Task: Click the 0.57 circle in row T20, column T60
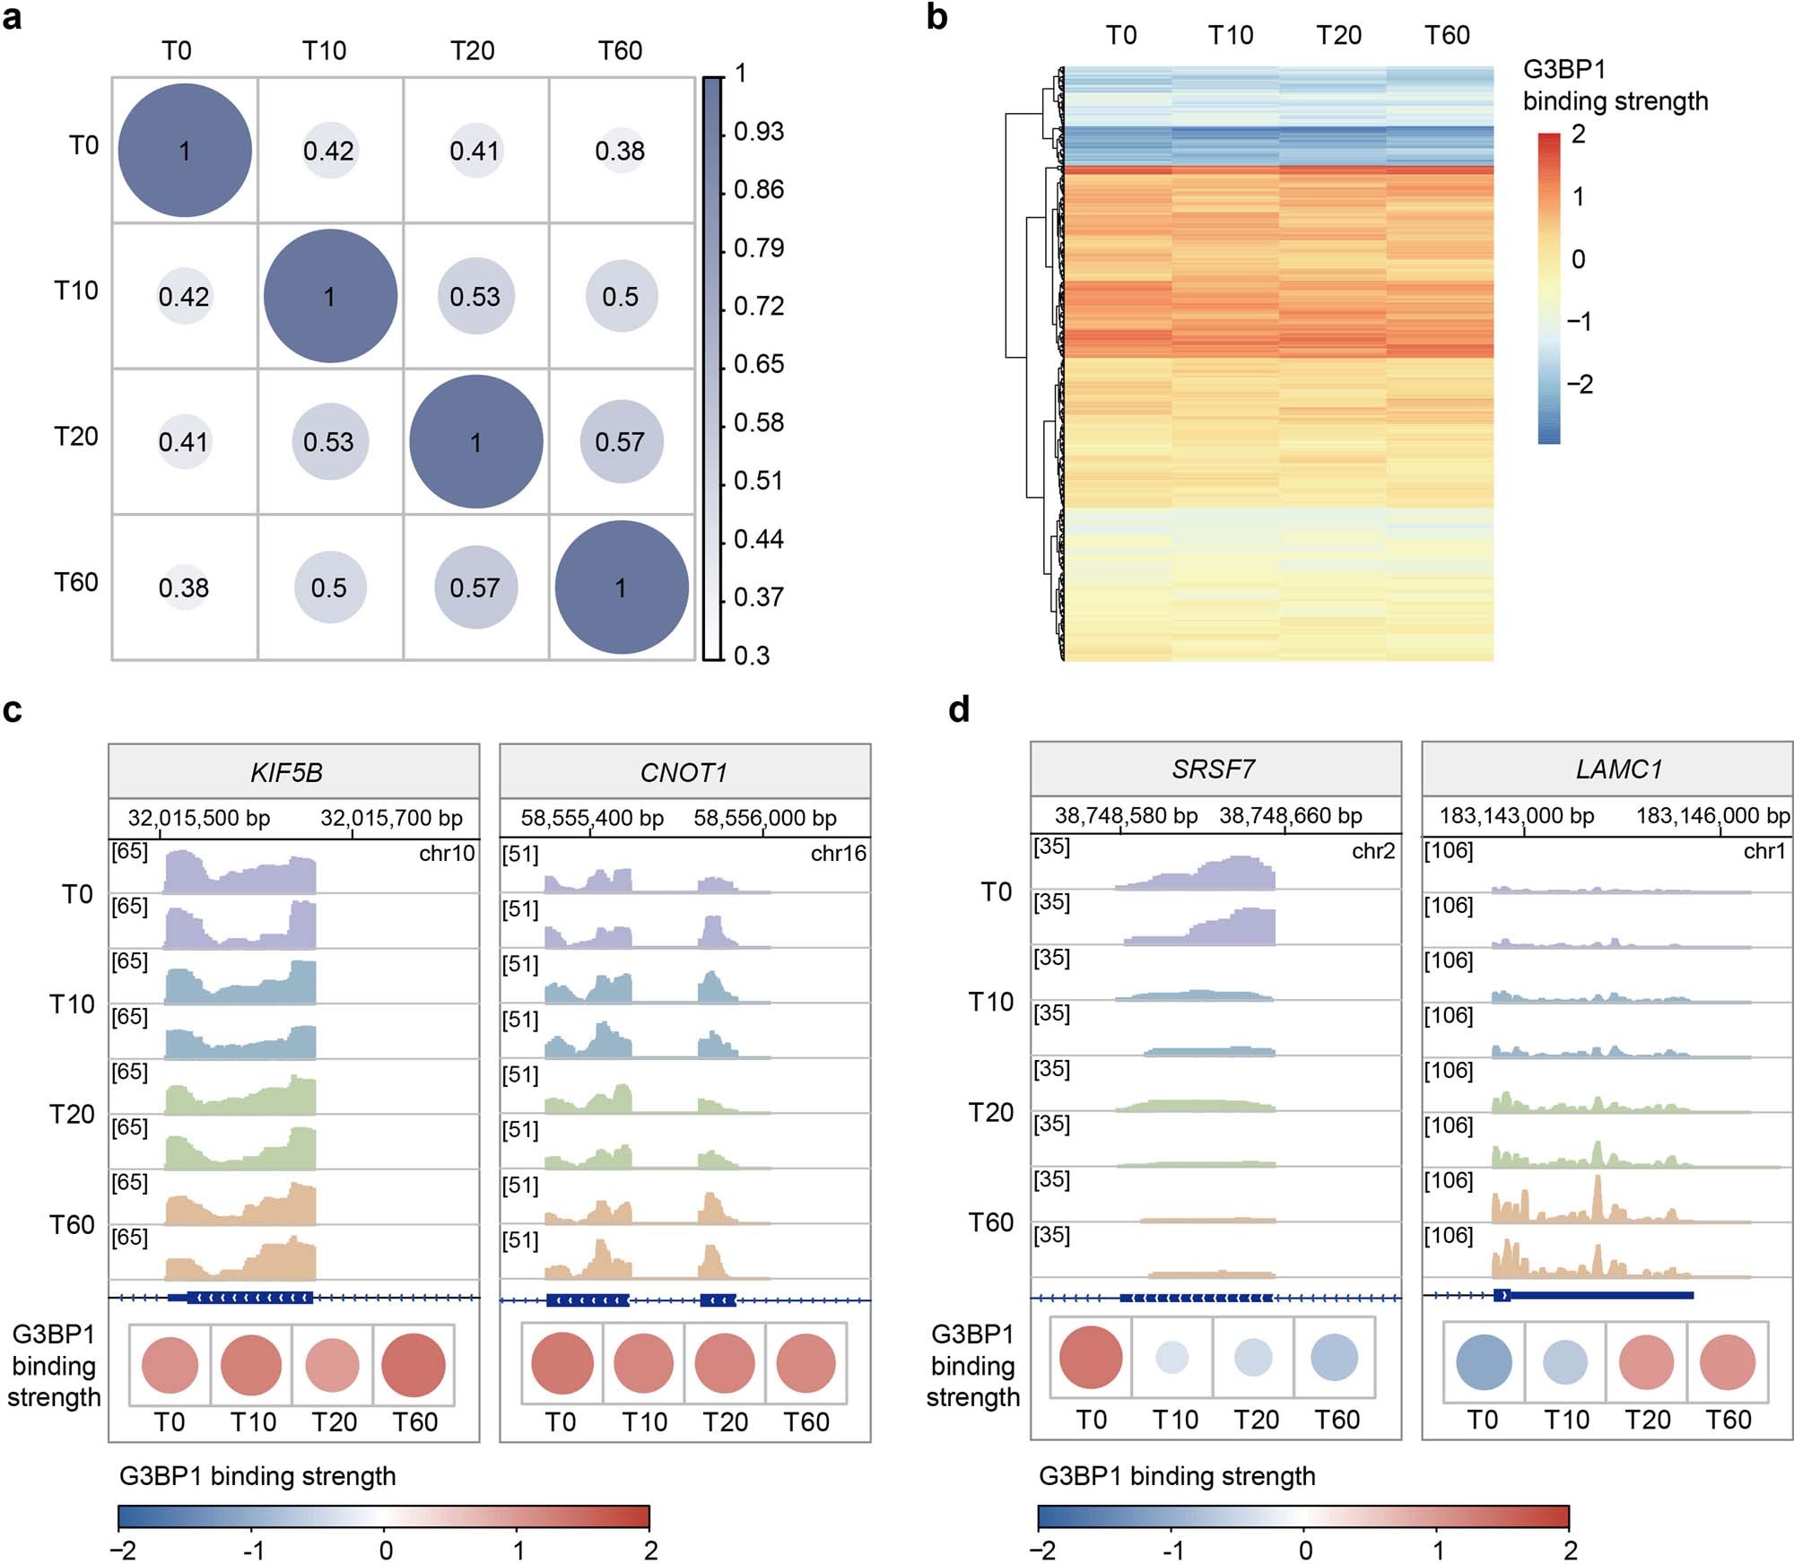[x=621, y=441]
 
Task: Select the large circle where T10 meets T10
[x=330, y=296]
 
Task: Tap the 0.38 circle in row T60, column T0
[x=184, y=587]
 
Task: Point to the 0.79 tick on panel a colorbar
[x=758, y=248]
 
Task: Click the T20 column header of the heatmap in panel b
[x=1338, y=35]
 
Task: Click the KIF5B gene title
[x=286, y=772]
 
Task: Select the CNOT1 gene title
[x=684, y=772]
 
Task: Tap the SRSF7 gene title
[x=1213, y=769]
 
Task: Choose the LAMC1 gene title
[x=1618, y=769]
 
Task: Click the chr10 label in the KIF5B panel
[x=447, y=853]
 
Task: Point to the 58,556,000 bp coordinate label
[x=764, y=818]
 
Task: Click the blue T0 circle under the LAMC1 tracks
[x=1484, y=1362]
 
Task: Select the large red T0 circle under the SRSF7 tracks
[x=1091, y=1357]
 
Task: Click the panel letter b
[x=936, y=17]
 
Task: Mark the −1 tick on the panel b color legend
[x=1580, y=321]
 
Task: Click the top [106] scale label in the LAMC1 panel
[x=1448, y=849]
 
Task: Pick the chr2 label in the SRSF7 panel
[x=1372, y=850]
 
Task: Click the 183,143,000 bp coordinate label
[x=1517, y=815]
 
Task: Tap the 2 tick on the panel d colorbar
[x=1570, y=1550]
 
